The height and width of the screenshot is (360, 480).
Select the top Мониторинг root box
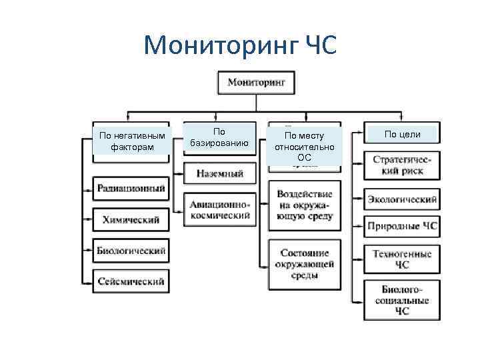256,82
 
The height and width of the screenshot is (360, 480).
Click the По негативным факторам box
131,141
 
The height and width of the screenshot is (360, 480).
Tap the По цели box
401,134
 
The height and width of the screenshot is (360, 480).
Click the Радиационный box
131,189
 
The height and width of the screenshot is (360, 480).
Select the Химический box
131,220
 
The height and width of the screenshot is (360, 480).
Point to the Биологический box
131,251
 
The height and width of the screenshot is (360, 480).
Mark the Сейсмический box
131,281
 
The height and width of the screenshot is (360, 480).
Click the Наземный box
219,173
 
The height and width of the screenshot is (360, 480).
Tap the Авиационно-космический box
219,209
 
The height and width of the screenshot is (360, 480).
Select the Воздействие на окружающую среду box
304,205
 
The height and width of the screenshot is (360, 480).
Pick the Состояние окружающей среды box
304,264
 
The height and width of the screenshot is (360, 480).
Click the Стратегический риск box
401,165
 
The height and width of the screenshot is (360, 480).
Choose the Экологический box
401,199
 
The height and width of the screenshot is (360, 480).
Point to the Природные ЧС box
401,227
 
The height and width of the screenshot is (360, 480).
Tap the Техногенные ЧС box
401,259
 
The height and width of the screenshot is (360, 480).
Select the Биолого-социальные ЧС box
401,299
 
